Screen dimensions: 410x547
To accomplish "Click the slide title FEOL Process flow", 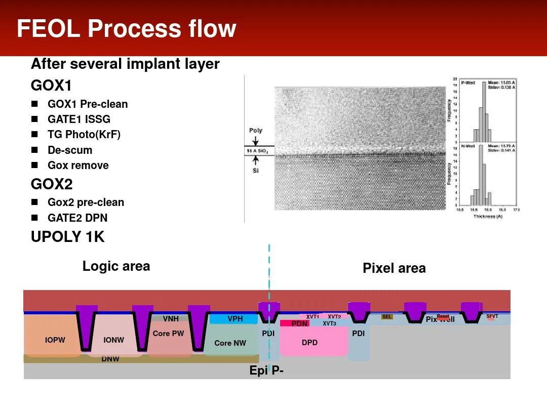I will point(127,29).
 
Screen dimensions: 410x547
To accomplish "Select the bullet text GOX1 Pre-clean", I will point(88,104).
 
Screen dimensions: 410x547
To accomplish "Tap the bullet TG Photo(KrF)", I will point(84,135).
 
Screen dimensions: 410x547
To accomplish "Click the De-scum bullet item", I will point(70,150).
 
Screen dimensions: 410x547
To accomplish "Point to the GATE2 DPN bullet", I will point(77,218).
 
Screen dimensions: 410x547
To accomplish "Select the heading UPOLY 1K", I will point(68,236).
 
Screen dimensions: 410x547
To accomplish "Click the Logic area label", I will point(116,266).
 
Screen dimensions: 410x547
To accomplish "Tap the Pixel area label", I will point(394,268).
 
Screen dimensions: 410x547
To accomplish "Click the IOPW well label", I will point(55,340).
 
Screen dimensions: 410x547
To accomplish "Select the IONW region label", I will point(113,340).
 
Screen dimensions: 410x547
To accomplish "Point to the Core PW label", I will point(168,334).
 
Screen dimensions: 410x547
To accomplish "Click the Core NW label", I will point(230,343).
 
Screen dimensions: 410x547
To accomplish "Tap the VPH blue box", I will point(235,319).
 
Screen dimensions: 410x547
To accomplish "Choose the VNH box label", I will point(171,319).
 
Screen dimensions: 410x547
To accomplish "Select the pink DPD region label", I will point(309,343).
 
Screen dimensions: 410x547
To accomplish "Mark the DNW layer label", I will point(110,359).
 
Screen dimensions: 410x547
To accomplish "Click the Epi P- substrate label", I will point(266,371).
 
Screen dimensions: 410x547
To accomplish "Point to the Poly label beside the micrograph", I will point(256,131).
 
